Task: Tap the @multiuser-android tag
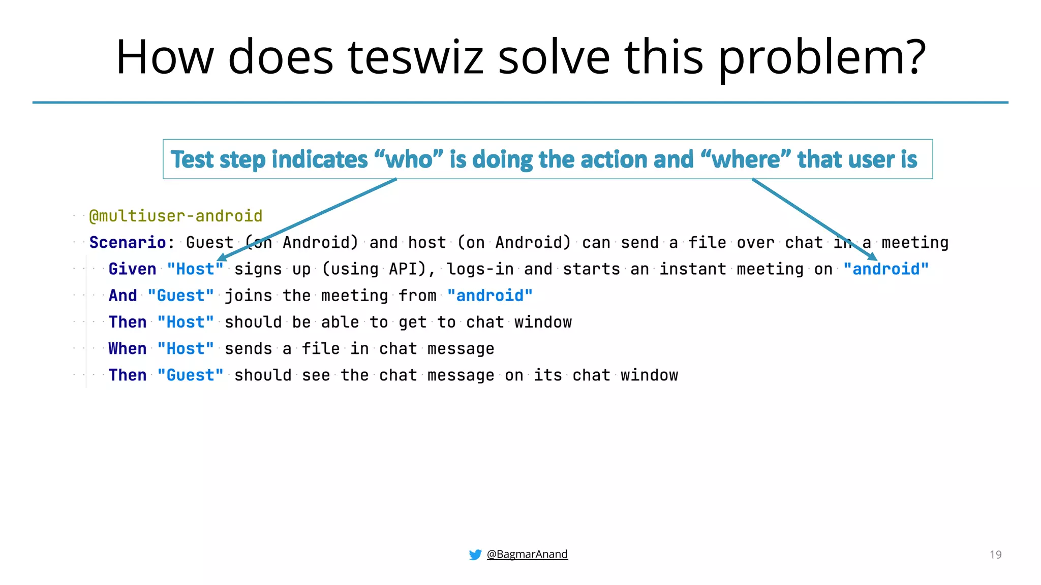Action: (176, 216)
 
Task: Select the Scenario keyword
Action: (128, 243)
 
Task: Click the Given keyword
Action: (132, 269)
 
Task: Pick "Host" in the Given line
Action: (195, 269)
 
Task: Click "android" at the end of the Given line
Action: (886, 269)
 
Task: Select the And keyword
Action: (123, 296)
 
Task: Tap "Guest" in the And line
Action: (181, 296)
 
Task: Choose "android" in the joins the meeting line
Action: (490, 296)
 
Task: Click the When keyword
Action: (127, 349)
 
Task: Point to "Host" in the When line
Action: (186, 349)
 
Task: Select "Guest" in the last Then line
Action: (191, 375)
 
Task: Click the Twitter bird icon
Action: (475, 555)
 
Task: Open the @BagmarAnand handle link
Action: (527, 554)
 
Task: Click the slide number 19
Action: (995, 555)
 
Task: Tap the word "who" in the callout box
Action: (409, 159)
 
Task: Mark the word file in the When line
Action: (320, 349)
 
